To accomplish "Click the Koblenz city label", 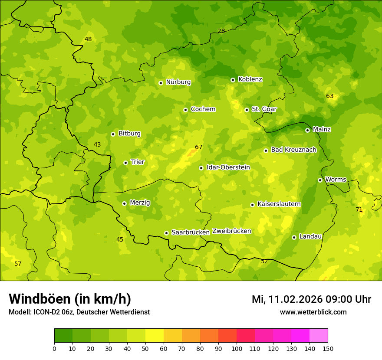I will (250, 79).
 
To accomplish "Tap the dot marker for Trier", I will (126, 163).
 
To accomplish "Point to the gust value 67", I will (199, 147).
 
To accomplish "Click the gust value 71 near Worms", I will (359, 209).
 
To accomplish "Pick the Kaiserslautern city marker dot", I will (252, 205).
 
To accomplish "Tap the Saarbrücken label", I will (191, 232).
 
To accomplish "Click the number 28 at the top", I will (221, 31).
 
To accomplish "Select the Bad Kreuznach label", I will (293, 150).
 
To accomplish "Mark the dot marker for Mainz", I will (307, 130).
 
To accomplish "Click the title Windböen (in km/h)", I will (70, 299).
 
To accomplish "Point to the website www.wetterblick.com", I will (313, 312).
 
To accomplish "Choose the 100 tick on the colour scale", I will (237, 348).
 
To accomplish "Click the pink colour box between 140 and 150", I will (319, 336).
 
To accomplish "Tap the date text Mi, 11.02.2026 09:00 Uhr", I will (311, 299).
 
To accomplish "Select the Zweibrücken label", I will (231, 231).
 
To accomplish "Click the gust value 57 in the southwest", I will (18, 264).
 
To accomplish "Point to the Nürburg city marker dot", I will (161, 82).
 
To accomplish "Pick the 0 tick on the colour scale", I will (54, 348).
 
